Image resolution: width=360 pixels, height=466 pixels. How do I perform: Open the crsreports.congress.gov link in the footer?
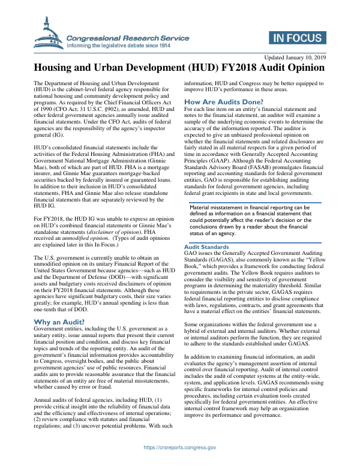click(180, 447)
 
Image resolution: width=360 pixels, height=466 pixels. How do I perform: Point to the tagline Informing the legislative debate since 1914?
click(119, 45)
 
